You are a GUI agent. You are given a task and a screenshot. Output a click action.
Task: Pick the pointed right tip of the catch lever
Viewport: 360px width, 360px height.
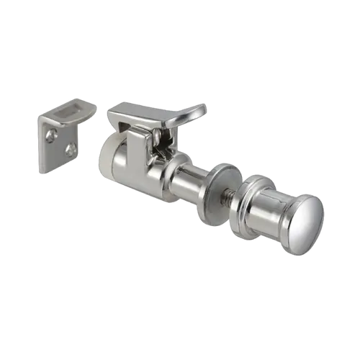[x=204, y=109]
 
